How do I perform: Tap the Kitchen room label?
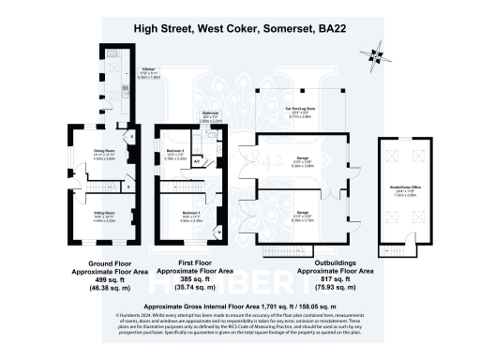tap(147, 69)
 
